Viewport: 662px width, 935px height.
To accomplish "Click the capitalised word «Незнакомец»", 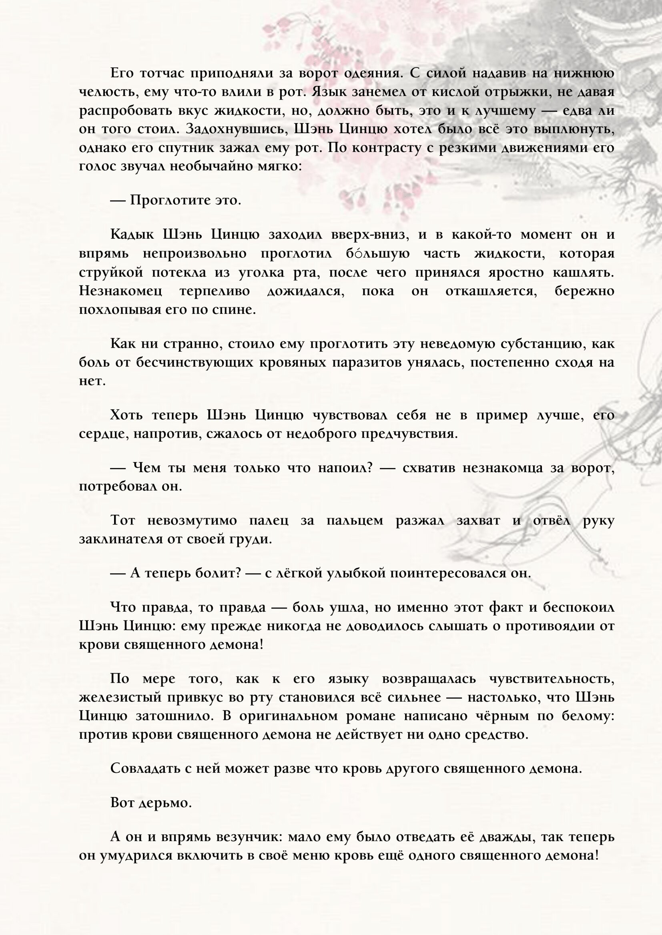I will [120, 291].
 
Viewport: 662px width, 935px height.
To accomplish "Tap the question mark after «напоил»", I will [370, 468].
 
